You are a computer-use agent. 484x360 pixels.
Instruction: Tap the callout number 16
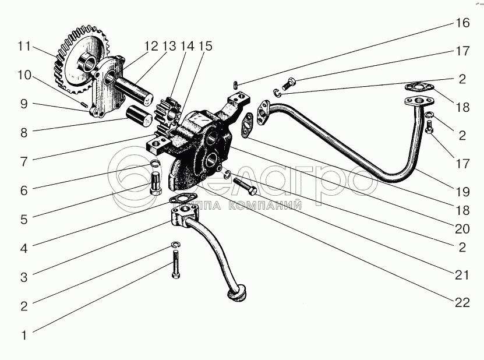(462, 24)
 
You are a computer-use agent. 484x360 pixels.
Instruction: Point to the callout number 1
(24, 335)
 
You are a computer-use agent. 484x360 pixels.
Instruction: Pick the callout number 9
(24, 104)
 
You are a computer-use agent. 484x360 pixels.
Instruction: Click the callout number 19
(462, 190)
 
